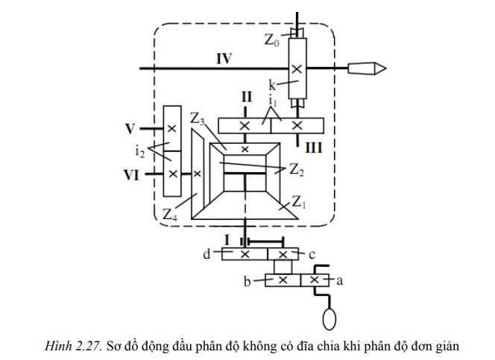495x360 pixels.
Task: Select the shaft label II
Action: (x=245, y=96)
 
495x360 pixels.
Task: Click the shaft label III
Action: (x=313, y=147)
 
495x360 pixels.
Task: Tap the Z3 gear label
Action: (x=198, y=119)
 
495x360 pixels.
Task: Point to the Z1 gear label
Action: (x=300, y=201)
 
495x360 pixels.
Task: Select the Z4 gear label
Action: (x=171, y=215)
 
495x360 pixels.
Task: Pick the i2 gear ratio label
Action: (x=140, y=152)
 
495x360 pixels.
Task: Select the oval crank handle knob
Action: (x=328, y=318)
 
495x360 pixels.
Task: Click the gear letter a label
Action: (x=339, y=280)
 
